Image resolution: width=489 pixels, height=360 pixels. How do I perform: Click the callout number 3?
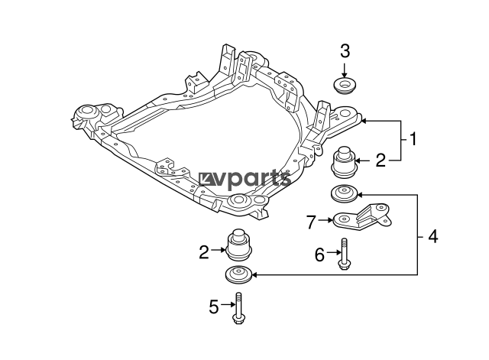click(345, 51)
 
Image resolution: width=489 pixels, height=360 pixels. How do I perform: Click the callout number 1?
click(413, 139)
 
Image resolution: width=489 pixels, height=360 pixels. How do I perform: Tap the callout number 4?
click(433, 236)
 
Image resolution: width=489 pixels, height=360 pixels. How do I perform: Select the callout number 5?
click(214, 306)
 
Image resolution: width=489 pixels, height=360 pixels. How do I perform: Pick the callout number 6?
click(319, 255)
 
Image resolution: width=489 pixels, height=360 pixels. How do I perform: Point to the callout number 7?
click(311, 222)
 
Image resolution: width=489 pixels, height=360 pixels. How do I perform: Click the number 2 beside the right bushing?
click(381, 160)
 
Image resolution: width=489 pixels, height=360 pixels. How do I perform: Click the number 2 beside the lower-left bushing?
click(204, 252)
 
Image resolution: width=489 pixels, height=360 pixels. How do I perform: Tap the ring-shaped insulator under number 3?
click(345, 86)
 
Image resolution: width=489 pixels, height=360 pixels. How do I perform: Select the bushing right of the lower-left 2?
click(238, 245)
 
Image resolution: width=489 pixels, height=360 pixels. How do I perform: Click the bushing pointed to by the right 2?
click(343, 162)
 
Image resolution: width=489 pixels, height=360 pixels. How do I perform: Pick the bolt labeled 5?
click(238, 308)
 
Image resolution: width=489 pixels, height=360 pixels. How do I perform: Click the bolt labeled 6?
click(343, 254)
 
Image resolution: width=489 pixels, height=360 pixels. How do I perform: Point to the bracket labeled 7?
click(361, 216)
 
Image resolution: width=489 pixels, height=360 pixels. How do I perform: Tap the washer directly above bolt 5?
click(238, 274)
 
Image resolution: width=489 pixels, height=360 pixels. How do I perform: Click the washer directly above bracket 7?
click(344, 193)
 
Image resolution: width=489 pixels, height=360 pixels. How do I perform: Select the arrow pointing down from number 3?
click(345, 70)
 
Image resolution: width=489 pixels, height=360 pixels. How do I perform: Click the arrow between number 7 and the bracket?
click(326, 220)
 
